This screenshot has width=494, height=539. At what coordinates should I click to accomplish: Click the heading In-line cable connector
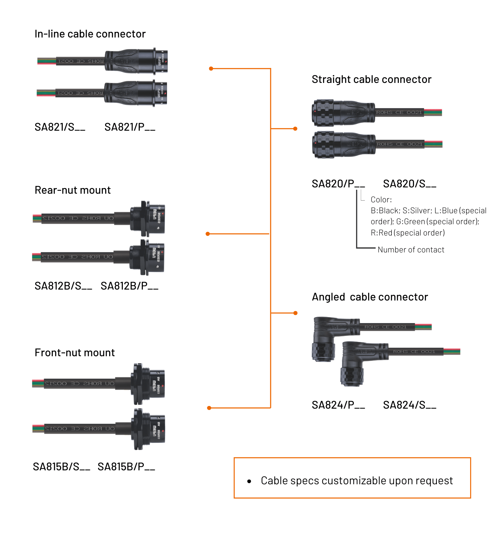pyautogui.click(x=90, y=34)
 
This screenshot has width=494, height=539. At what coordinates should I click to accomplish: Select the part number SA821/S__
pyautogui.click(x=60, y=127)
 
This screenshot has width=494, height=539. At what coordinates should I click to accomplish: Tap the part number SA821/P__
pyautogui.click(x=130, y=127)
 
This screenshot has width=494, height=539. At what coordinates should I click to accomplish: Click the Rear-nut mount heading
pyautogui.click(x=73, y=190)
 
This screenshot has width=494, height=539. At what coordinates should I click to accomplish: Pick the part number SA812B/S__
pyautogui.click(x=63, y=286)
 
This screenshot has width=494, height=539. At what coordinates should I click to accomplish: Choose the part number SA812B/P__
pyautogui.click(x=129, y=286)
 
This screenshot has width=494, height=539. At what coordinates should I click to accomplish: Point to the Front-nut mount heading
pyautogui.click(x=75, y=353)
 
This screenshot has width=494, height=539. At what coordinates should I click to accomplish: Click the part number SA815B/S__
pyautogui.click(x=61, y=467)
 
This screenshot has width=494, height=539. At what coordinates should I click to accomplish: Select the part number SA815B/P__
pyautogui.click(x=126, y=467)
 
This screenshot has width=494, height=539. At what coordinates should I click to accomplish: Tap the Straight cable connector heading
pyautogui.click(x=371, y=80)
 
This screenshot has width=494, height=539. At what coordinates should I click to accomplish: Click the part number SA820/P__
pyautogui.click(x=338, y=184)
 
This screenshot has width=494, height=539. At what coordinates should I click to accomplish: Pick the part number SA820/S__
pyautogui.click(x=410, y=184)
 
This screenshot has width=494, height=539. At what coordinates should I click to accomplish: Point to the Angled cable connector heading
pyautogui.click(x=370, y=297)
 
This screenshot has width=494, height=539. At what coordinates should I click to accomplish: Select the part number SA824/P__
pyautogui.click(x=338, y=405)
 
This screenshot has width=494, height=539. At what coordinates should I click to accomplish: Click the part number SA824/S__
pyautogui.click(x=410, y=405)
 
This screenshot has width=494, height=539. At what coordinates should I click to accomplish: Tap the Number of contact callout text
pyautogui.click(x=411, y=250)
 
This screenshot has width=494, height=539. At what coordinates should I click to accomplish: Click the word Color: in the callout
pyautogui.click(x=381, y=200)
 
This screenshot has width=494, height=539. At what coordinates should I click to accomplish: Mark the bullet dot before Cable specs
pyautogui.click(x=249, y=481)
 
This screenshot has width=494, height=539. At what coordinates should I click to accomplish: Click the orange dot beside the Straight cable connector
pyautogui.click(x=295, y=129)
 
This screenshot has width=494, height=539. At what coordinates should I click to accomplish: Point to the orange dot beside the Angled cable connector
pyautogui.click(x=295, y=313)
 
